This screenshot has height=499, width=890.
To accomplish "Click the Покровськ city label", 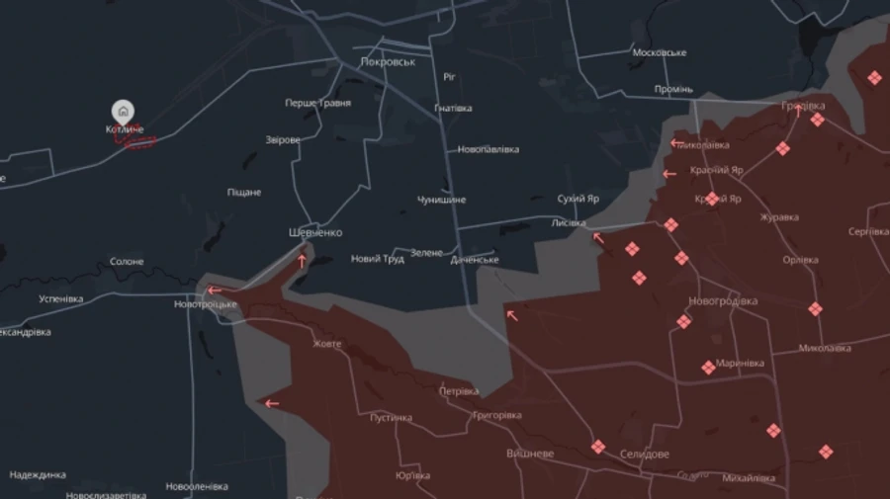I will point(388,61).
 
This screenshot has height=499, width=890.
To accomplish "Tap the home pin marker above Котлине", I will point(123,111).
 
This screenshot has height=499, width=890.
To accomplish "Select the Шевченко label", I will point(314,232).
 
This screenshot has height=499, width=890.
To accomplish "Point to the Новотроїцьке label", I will point(206,304).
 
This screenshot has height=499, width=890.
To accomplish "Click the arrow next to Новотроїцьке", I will point(215,291).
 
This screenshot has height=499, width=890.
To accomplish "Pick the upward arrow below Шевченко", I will point(302,262).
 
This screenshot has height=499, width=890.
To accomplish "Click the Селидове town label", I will point(643,454).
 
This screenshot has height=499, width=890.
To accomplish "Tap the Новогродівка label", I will point(723,300).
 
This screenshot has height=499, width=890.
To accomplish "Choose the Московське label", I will point(659,52).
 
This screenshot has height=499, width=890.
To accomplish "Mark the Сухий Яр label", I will point(578,199).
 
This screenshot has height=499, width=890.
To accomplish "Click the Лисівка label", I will point(569,223).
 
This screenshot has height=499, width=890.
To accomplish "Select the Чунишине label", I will point(441,200).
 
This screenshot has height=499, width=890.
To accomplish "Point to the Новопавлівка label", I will point(488,150).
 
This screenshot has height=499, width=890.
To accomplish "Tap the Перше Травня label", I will point(317,103).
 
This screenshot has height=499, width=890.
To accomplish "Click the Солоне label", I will point(127,262).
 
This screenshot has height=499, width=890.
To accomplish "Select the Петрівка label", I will point(459,390).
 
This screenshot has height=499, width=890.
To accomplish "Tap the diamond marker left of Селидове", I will point(597,447).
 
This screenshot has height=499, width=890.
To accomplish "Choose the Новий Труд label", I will point(378,259).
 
